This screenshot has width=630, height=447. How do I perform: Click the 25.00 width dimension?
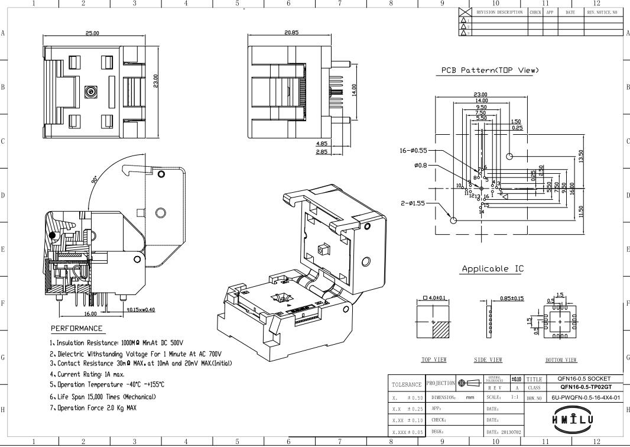[93, 34]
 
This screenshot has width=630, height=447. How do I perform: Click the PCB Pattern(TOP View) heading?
[490, 70]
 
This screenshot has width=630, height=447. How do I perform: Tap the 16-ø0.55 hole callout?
[413, 151]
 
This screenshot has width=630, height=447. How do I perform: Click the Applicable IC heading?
[492, 269]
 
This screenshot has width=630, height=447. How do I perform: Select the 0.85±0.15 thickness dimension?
[512, 298]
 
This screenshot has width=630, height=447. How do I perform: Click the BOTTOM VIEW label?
[561, 359]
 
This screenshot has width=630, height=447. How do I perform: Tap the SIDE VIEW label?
[488, 359]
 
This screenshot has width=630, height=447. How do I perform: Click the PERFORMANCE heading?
[76, 329]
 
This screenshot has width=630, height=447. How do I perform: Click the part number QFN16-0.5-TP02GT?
[584, 387]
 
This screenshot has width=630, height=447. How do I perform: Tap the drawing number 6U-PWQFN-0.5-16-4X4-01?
[586, 398]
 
